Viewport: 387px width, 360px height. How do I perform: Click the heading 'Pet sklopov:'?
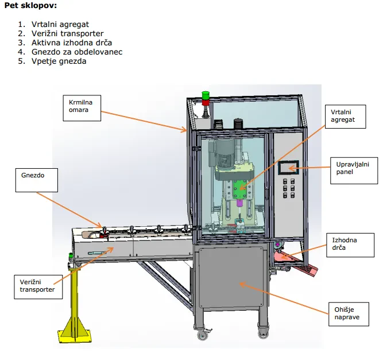(x=30, y=5)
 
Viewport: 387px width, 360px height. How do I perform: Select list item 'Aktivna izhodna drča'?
(x=72, y=42)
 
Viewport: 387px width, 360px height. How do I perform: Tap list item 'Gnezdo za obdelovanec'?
(x=77, y=52)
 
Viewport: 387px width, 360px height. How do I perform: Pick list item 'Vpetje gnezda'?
(x=59, y=61)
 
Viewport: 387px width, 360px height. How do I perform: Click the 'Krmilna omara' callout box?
(x=82, y=108)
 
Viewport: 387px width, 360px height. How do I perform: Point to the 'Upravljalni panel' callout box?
(x=354, y=171)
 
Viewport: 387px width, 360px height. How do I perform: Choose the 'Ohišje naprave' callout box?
(x=349, y=314)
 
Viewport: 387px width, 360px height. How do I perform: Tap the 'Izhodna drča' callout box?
(x=350, y=245)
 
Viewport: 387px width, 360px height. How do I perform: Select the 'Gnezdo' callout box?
(x=37, y=180)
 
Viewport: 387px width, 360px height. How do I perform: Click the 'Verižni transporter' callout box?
(x=38, y=287)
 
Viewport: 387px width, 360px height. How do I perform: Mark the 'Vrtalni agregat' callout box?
(x=345, y=117)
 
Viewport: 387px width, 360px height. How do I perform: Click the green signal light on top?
(x=206, y=95)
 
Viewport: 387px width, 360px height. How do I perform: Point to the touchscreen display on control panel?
(x=288, y=168)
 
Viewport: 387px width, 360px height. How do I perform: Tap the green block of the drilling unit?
(x=239, y=189)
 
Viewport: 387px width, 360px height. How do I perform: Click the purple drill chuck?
(x=239, y=203)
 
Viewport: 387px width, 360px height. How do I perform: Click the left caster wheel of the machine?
(x=203, y=335)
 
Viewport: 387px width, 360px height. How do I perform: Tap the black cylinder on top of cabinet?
(x=238, y=124)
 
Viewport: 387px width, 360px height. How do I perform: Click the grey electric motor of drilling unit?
(x=222, y=152)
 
